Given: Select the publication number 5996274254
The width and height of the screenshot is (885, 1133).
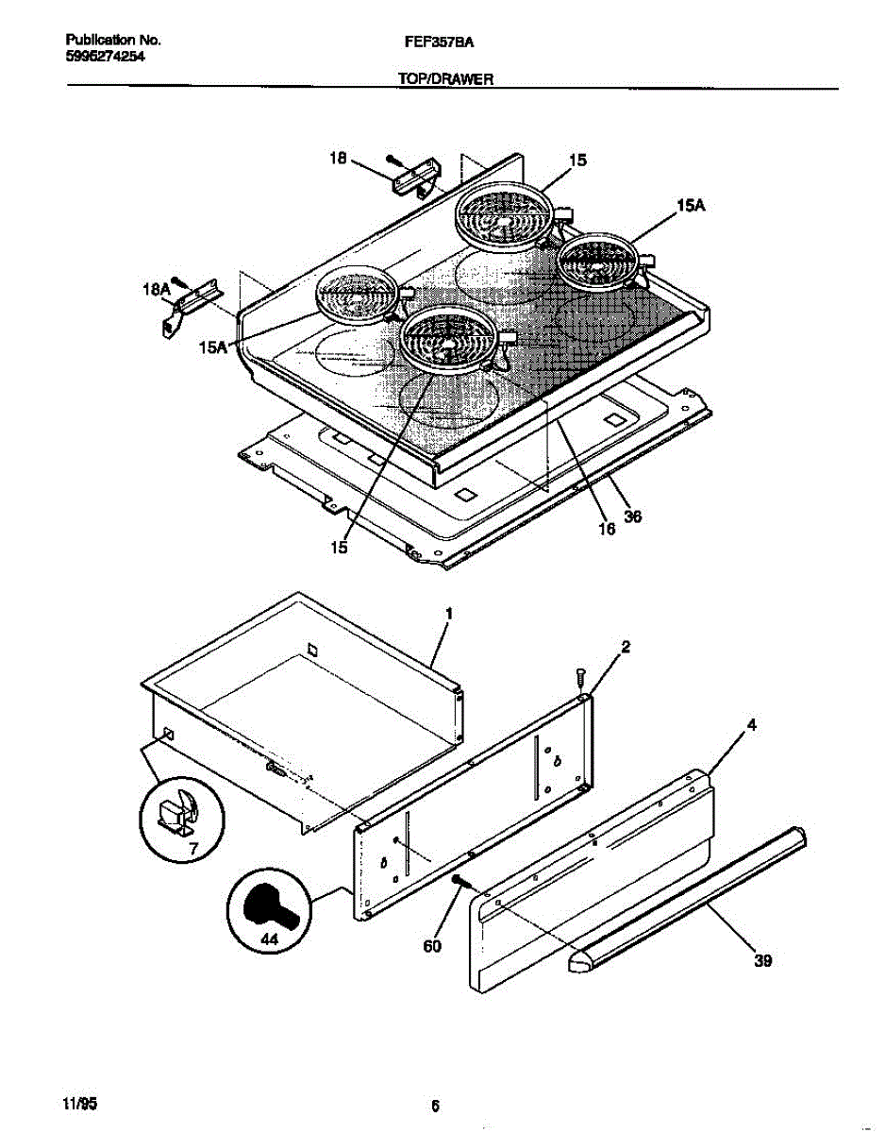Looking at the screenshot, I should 105,56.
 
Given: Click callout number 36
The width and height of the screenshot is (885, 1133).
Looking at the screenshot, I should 633,516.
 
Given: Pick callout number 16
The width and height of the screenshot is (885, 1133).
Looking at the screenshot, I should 607,529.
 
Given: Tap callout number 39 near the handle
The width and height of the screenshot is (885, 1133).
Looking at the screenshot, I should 762,960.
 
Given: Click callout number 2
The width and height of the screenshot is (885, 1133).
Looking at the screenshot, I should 625,647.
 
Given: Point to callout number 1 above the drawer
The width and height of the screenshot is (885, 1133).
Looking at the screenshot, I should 449,614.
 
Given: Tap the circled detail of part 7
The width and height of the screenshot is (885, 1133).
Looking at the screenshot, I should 182,814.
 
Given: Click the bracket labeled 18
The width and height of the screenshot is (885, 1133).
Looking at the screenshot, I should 416,178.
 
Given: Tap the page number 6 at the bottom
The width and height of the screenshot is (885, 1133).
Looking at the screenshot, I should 435,1106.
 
